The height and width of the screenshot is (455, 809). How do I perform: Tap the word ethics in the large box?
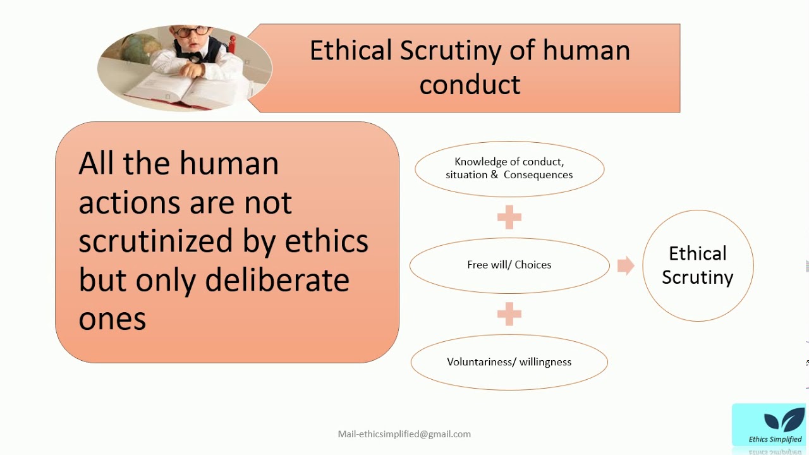point(327,241)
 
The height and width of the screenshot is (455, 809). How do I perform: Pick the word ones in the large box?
point(112,319)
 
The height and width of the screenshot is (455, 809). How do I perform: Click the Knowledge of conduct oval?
point(509,169)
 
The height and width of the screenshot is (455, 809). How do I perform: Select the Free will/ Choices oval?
point(509,265)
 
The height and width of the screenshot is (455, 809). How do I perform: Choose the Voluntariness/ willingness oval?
point(509,362)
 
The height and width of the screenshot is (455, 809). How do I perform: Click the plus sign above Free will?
point(509,217)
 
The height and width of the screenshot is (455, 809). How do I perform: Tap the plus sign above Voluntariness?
point(509,313)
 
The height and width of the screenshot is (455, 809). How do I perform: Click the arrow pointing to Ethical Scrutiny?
point(625,265)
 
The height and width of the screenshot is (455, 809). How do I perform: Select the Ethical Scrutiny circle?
point(698,265)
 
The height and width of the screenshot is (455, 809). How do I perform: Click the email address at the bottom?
point(404,434)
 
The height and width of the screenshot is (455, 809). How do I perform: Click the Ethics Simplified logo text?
point(775,439)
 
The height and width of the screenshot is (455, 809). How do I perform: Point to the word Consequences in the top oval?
point(538,175)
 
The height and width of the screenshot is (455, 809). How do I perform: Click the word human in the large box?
point(229,164)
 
